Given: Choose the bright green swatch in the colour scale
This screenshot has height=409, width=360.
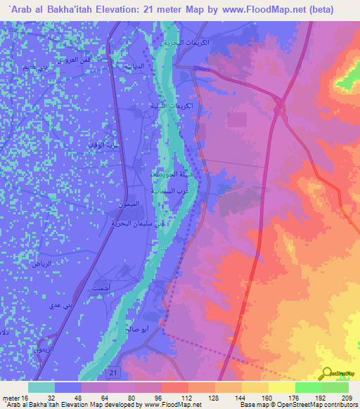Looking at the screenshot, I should [308, 387].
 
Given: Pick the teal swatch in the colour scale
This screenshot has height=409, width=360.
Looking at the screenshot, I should [41, 387].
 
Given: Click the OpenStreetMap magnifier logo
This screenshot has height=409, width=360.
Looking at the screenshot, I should [328, 373].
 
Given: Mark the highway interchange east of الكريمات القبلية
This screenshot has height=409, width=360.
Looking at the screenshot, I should [279, 105].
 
